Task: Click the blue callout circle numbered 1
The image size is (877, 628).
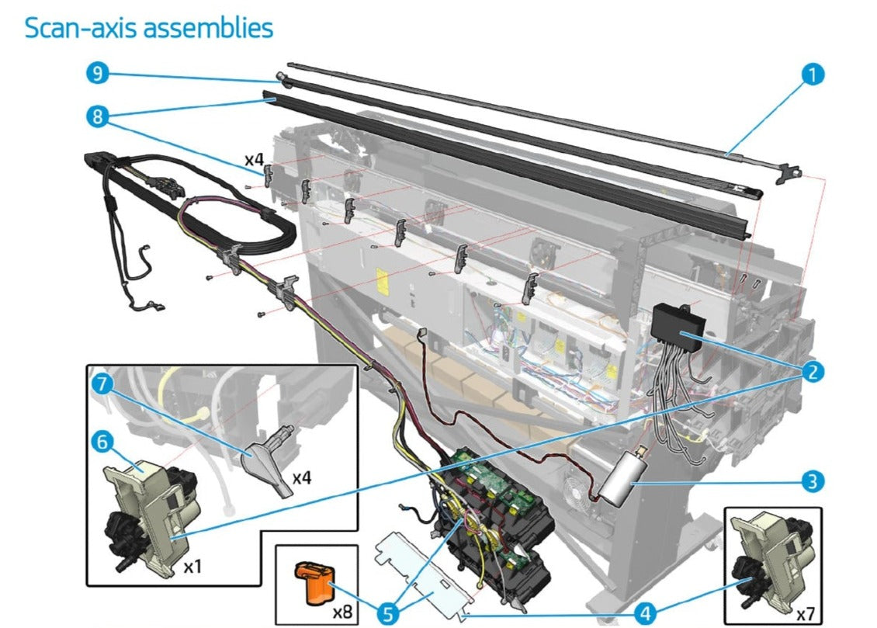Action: coord(813,75)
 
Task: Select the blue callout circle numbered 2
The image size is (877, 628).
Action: coord(813,372)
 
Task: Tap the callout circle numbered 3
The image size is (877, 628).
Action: coord(813,481)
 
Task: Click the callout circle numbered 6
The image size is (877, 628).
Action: coord(101,442)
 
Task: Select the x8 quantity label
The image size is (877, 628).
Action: coord(343,611)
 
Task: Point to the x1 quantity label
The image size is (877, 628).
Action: coord(193,567)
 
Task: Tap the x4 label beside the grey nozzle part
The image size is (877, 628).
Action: coord(303,477)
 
